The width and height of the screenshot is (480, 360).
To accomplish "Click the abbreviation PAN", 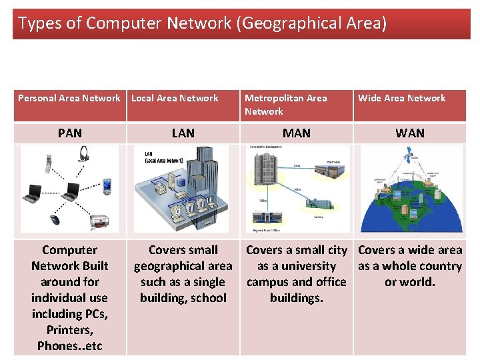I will [x=70, y=133].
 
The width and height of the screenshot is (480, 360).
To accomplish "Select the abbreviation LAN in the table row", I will [x=183, y=133].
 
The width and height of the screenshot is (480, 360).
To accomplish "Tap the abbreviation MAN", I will [x=297, y=133].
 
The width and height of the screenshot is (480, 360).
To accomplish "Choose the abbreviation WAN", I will [x=410, y=133].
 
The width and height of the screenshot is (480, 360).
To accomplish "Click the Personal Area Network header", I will [x=69, y=98].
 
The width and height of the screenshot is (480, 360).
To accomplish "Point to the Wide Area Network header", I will [x=401, y=98].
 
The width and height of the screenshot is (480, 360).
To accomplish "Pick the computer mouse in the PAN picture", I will [x=55, y=219].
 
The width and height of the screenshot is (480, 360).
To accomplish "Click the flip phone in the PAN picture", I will [x=47, y=163].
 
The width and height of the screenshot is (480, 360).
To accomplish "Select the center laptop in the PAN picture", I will [x=71, y=193].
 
